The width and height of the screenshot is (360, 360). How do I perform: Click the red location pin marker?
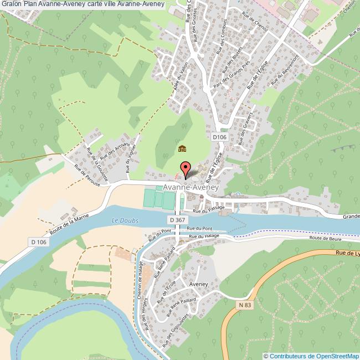click(186, 168)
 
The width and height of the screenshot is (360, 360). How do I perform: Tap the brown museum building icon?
click(182, 148)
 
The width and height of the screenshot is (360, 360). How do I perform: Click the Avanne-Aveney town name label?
click(191, 188)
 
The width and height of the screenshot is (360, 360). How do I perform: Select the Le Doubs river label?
click(125, 220)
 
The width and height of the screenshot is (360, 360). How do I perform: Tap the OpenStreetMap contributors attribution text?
click(312, 356)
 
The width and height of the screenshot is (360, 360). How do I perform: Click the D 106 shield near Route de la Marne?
click(38, 242)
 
